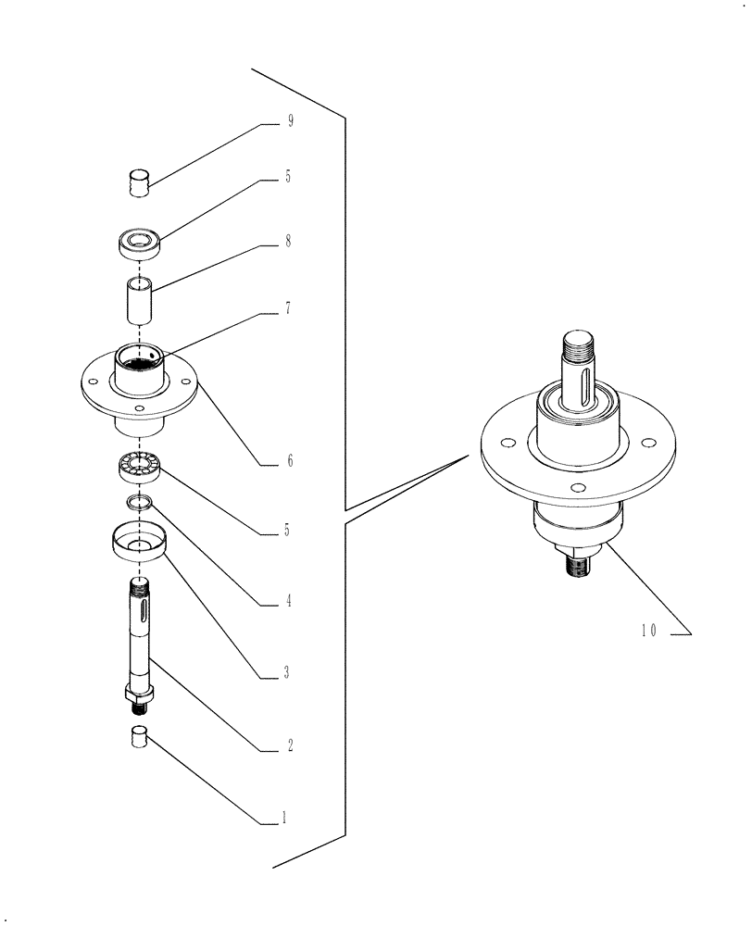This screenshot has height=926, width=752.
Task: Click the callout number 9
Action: pyautogui.click(x=290, y=122)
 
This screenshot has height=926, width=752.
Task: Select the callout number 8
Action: pyautogui.click(x=289, y=242)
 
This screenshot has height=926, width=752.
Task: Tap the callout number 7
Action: pyautogui.click(x=289, y=308)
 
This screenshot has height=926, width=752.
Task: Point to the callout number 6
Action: pyautogui.click(x=289, y=460)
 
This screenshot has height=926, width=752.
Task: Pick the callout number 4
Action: pyautogui.click(x=289, y=600)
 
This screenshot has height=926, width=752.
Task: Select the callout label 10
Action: pyautogui.click(x=647, y=631)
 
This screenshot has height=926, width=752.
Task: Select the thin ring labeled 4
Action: pyautogui.click(x=139, y=502)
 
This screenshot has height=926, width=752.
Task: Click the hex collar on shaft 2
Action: pyautogui.click(x=139, y=694)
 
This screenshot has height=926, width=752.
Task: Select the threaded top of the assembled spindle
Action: pyautogui.click(x=579, y=348)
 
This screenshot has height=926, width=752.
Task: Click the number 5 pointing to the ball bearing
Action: pyautogui.click(x=287, y=531)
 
